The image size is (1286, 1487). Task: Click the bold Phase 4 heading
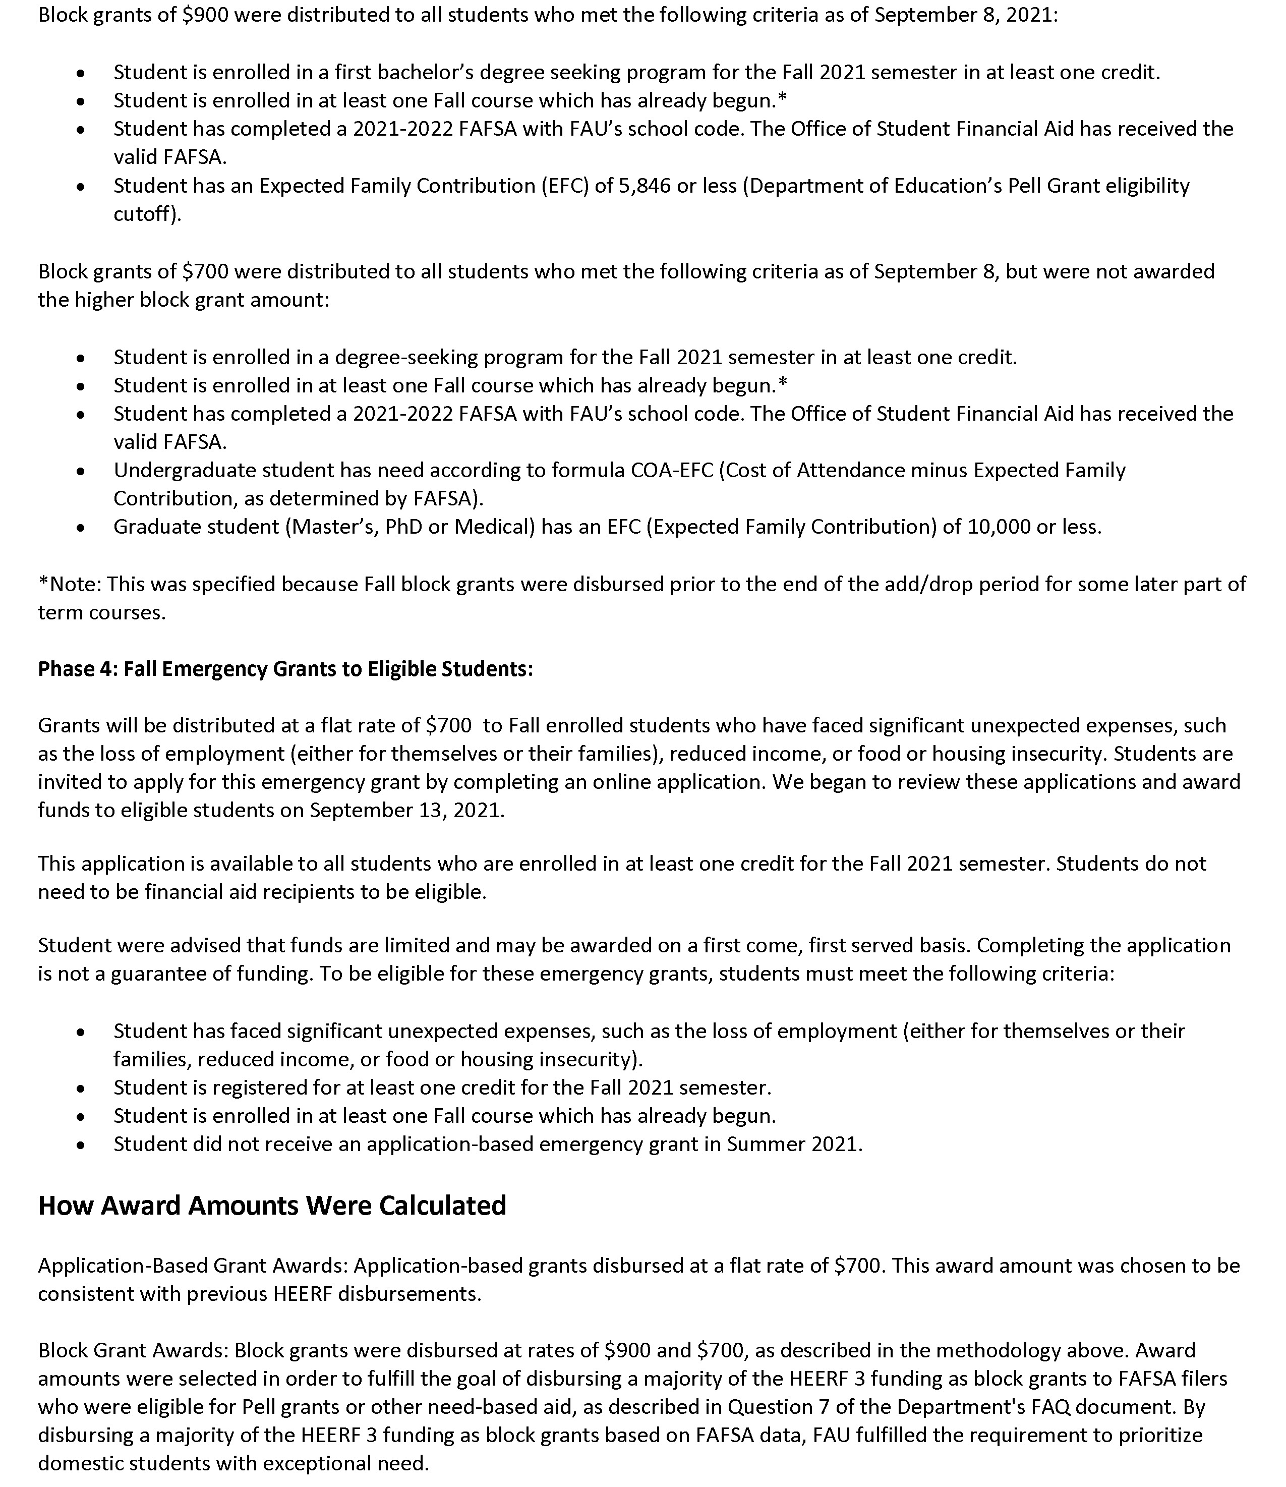click(x=285, y=669)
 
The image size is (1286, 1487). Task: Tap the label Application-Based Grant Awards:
click(x=193, y=1265)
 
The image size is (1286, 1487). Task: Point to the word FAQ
click(x=1053, y=1407)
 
